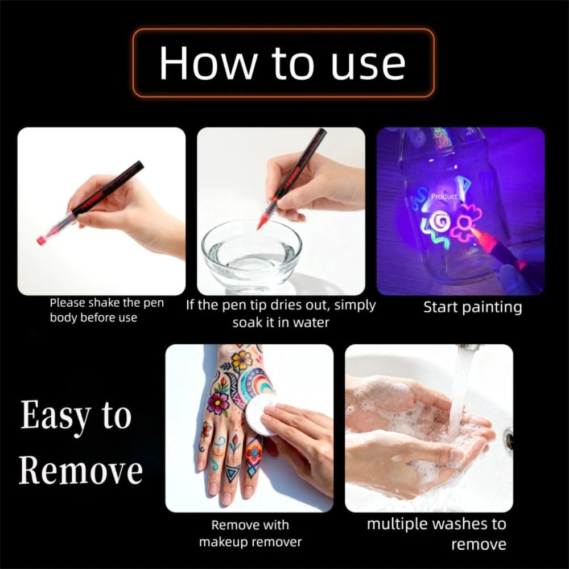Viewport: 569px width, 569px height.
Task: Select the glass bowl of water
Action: pyautogui.click(x=251, y=254)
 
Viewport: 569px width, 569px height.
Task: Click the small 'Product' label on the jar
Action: pyautogui.click(x=444, y=196)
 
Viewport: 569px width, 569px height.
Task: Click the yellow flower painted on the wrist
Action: pyautogui.click(x=242, y=360)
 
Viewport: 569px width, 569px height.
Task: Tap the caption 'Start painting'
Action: pyautogui.click(x=473, y=307)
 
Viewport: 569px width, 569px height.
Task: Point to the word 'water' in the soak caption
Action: pyautogui.click(x=311, y=322)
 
